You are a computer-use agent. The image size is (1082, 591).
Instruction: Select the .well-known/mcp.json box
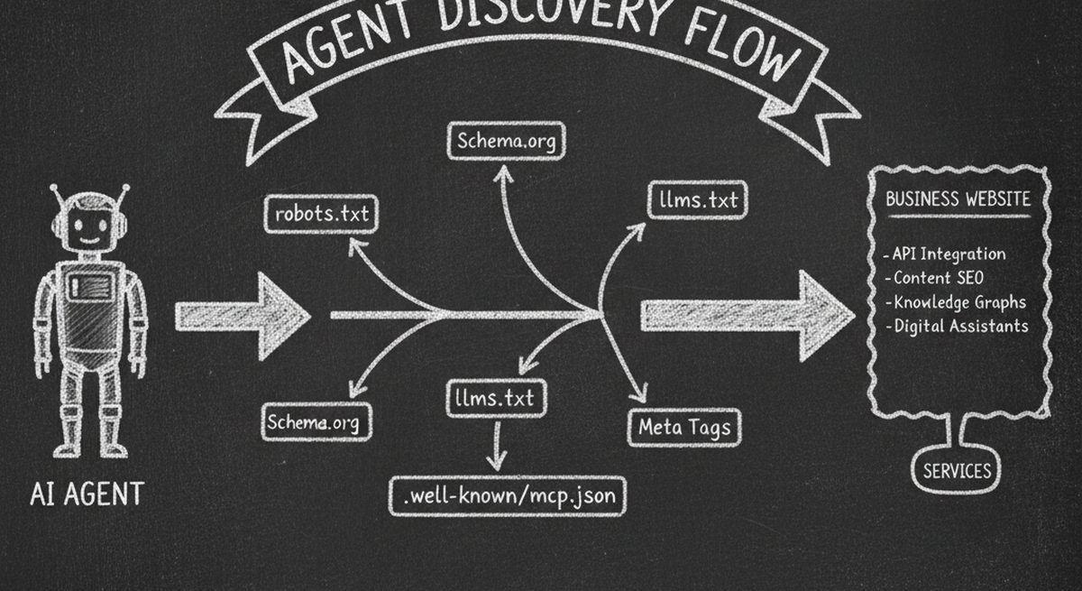[x=508, y=495]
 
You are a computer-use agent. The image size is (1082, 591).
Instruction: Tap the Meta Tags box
[x=684, y=426]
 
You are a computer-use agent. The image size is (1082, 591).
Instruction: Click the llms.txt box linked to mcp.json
[x=495, y=398]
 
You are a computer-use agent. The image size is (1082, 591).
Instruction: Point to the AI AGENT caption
[x=87, y=494]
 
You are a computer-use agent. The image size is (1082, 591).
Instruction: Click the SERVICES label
[x=957, y=470]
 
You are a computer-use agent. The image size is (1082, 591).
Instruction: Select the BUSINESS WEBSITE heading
[x=957, y=199]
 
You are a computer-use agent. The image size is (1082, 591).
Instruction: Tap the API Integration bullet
[x=947, y=254]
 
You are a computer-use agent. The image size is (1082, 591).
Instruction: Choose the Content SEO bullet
[x=938, y=279]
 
